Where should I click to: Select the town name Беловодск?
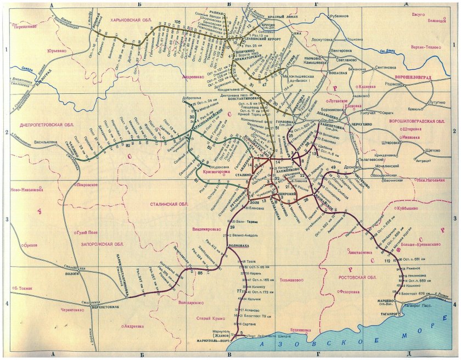437,21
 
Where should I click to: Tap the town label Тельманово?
291,280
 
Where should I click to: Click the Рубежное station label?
339,16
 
